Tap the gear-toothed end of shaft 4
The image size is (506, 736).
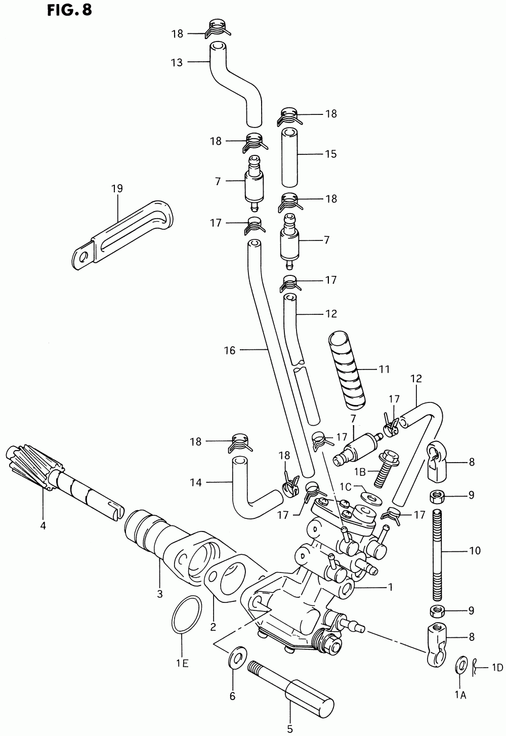pyautogui.click(x=30, y=465)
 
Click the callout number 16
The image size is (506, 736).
pyautogui.click(x=230, y=350)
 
